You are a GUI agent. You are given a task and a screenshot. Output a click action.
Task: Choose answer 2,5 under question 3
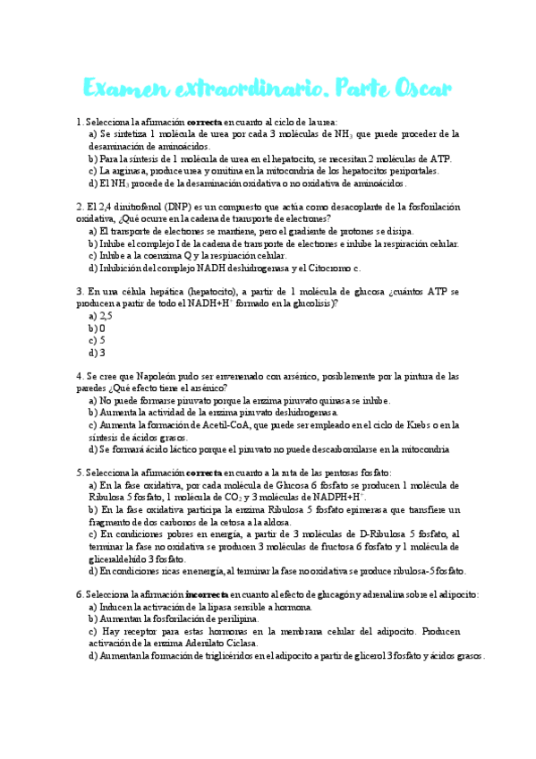click(106, 315)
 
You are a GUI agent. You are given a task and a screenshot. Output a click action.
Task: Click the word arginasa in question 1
click(128, 170)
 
